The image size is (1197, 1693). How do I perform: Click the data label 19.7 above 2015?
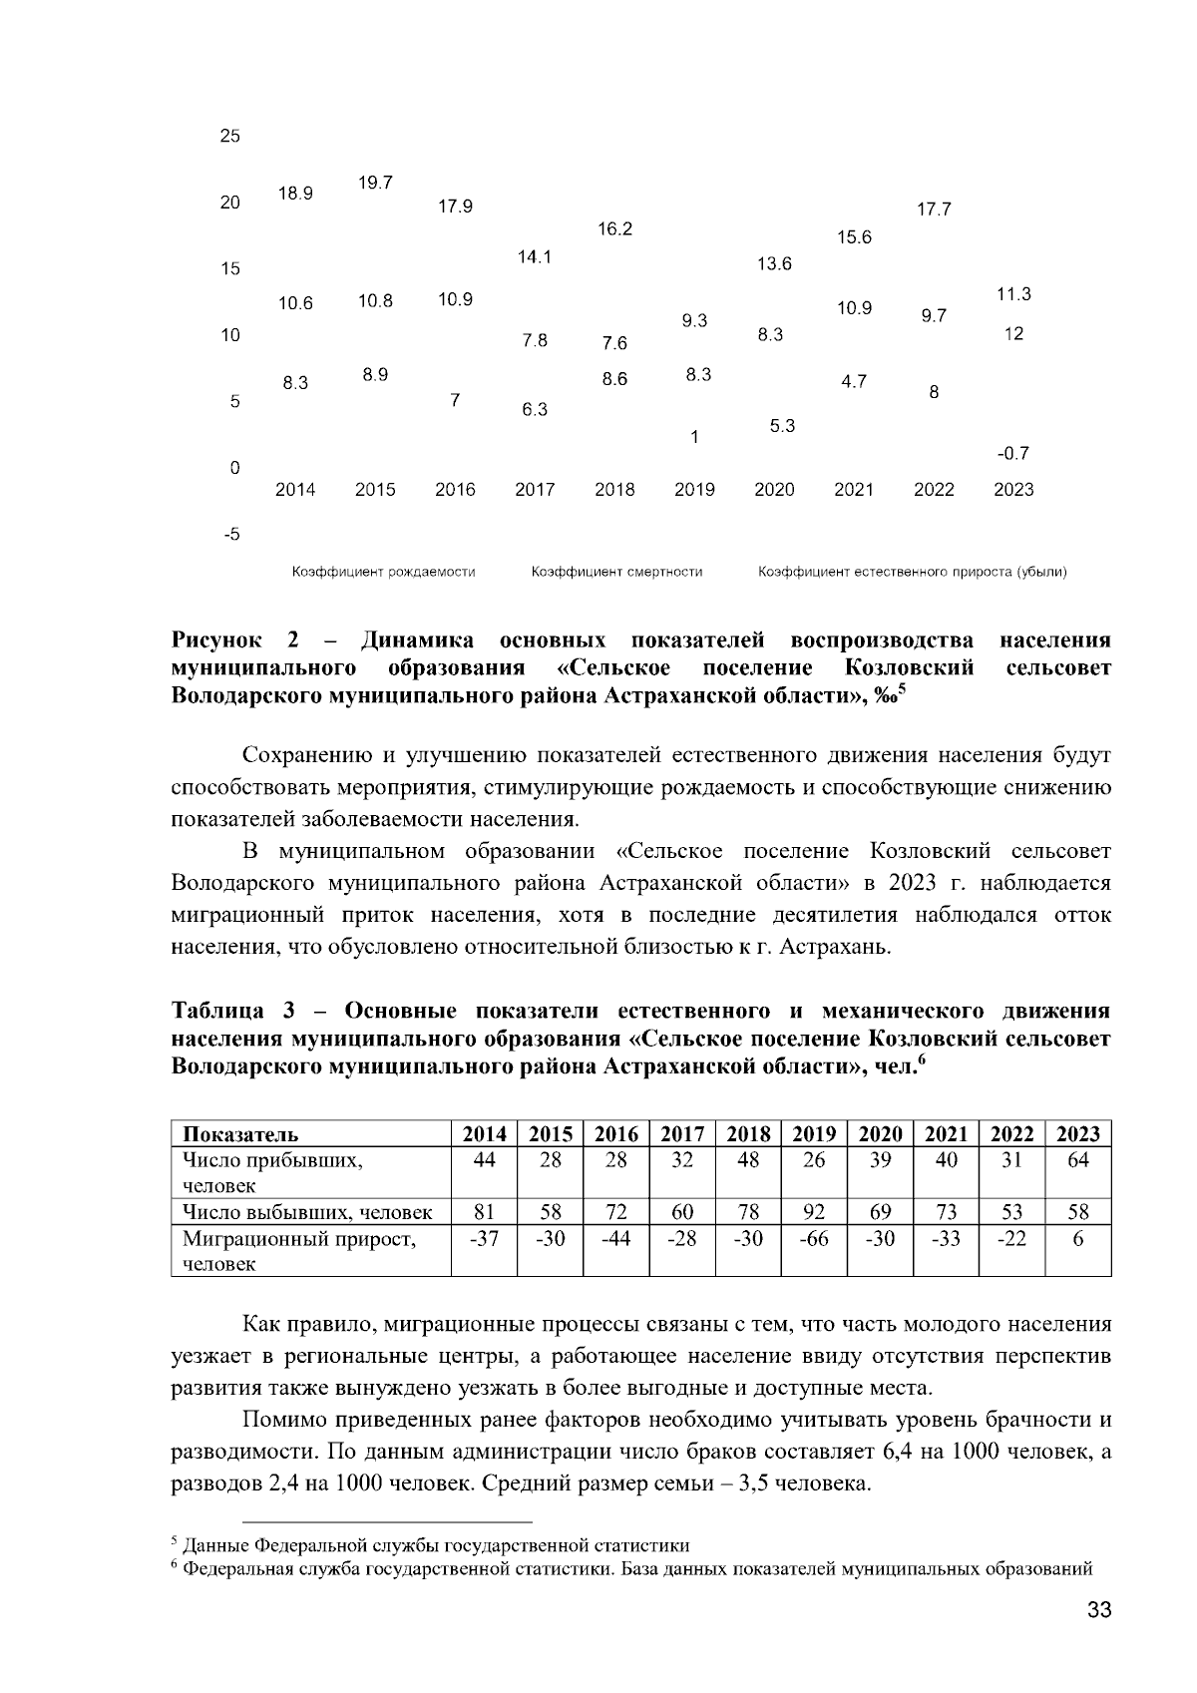(375, 183)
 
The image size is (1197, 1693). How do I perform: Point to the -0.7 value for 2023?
(1012, 454)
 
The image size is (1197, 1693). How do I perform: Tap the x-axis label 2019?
(694, 490)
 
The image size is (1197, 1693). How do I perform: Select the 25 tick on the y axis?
(230, 137)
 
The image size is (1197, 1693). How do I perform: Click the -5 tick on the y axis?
(230, 535)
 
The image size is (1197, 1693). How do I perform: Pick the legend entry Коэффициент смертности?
(616, 572)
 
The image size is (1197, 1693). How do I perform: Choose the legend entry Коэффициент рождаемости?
(383, 572)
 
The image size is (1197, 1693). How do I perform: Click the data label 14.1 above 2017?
(535, 257)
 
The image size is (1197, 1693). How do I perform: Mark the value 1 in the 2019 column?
(694, 437)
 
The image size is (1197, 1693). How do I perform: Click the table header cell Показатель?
(240, 1134)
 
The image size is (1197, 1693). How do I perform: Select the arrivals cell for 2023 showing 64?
(1077, 1160)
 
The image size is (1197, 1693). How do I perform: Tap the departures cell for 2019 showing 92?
(814, 1213)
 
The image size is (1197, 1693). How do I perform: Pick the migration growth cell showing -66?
(814, 1239)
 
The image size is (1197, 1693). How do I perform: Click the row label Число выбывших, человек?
(307, 1213)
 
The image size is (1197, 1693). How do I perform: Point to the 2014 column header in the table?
(485, 1134)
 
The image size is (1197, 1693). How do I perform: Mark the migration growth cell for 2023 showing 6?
(1077, 1239)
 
